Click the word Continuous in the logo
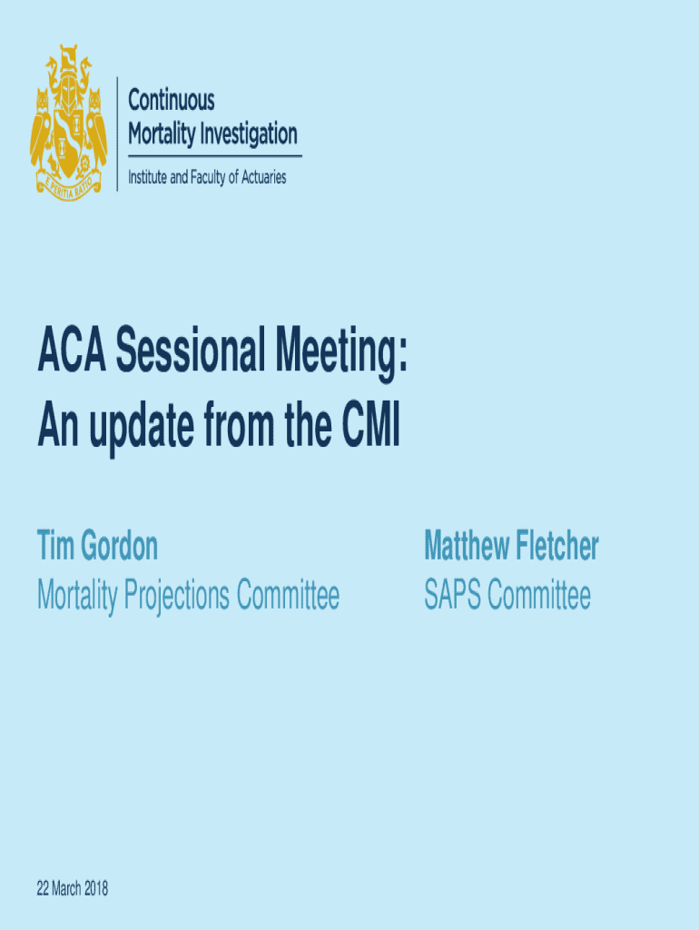pyautogui.click(x=172, y=101)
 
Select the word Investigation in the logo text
pyautogui.click(x=247, y=135)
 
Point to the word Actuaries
pyautogui.click(x=258, y=178)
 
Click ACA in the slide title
pyautogui.click(x=71, y=353)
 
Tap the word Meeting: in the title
pyautogui.click(x=336, y=355)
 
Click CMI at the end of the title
pyautogui.click(x=369, y=428)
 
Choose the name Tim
pyautogui.click(x=55, y=547)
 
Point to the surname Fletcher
pyautogui.click(x=556, y=547)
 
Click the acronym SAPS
pyautogui.click(x=451, y=596)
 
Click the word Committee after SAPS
pyautogui.click(x=539, y=596)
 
